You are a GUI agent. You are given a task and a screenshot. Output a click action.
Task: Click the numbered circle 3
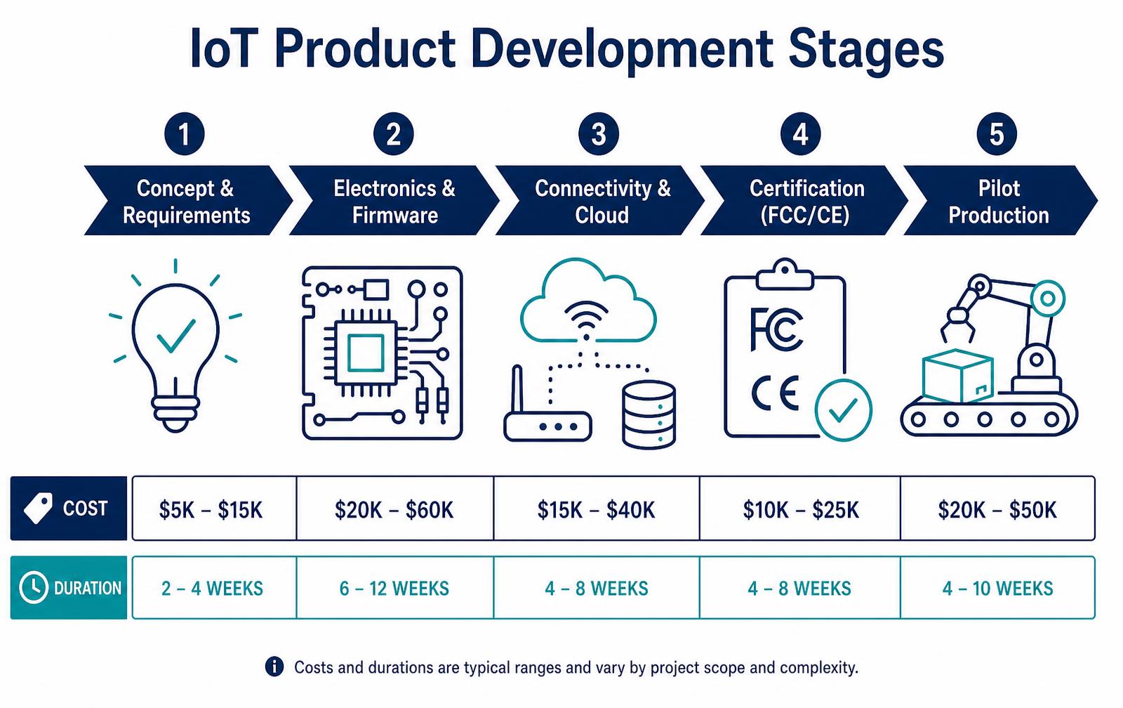599,134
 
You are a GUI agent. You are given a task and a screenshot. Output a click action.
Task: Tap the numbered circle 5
997,134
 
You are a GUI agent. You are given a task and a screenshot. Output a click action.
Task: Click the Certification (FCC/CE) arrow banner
804,200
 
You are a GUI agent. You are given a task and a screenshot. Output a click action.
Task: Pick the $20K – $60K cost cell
394,509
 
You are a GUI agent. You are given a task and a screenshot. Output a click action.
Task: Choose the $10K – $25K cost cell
800,509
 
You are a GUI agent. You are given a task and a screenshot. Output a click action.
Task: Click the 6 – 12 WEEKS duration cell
394,588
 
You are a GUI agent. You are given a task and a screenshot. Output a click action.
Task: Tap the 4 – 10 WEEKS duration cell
997,588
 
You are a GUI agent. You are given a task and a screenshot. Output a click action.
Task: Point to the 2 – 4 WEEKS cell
214,588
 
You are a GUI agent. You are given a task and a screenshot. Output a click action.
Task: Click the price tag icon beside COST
38,509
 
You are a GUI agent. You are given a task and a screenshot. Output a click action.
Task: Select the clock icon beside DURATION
34,587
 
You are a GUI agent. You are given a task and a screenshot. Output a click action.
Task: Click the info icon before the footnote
274,667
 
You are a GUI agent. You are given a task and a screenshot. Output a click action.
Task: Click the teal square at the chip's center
366,353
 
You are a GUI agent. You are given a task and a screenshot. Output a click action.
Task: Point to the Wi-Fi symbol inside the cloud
586,320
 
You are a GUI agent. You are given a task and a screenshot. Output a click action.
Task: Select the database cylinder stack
649,414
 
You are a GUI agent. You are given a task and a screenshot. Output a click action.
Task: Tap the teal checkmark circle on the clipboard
843,410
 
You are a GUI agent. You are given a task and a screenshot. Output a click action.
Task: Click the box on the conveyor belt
957,376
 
